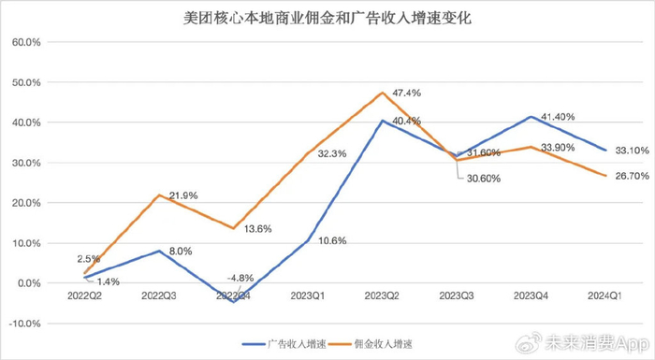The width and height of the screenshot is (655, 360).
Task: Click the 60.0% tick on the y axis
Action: tap(25, 42)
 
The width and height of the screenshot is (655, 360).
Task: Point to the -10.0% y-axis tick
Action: tap(23, 324)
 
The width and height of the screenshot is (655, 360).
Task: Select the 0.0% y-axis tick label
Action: tap(27, 283)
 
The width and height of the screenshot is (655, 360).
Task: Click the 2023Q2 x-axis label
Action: tap(382, 297)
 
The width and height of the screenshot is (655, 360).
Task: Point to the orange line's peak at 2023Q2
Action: tap(382, 93)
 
